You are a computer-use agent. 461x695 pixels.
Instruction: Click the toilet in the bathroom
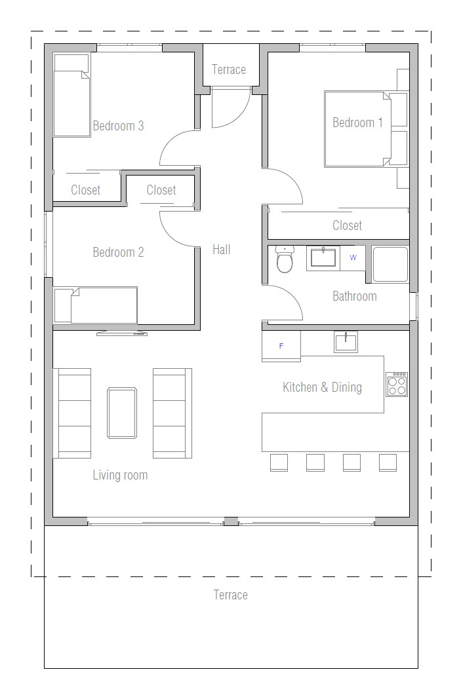(x=285, y=259)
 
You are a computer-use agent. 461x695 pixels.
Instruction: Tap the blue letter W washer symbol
(x=353, y=257)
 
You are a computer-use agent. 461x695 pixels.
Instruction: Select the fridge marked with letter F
(x=281, y=346)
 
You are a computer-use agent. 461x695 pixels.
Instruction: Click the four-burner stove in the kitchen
(x=397, y=384)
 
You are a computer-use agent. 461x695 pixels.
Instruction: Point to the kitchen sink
(x=346, y=342)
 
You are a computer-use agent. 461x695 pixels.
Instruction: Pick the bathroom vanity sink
(x=323, y=257)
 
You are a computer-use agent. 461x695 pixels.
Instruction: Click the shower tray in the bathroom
(x=390, y=264)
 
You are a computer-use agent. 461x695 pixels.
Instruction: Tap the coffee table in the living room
(x=122, y=413)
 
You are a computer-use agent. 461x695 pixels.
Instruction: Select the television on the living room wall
(x=122, y=333)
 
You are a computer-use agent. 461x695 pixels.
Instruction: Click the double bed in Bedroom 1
(x=357, y=129)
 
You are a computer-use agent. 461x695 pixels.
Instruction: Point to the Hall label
(x=222, y=250)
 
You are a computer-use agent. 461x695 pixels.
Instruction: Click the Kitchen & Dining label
(x=322, y=387)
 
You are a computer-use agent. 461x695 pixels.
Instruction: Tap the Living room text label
(x=120, y=475)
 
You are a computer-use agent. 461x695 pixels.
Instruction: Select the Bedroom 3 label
(x=118, y=126)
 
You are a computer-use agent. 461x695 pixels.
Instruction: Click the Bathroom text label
(x=355, y=296)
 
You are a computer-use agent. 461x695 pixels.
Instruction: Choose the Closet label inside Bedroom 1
(x=347, y=225)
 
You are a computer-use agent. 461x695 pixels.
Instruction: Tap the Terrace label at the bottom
(x=230, y=595)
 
